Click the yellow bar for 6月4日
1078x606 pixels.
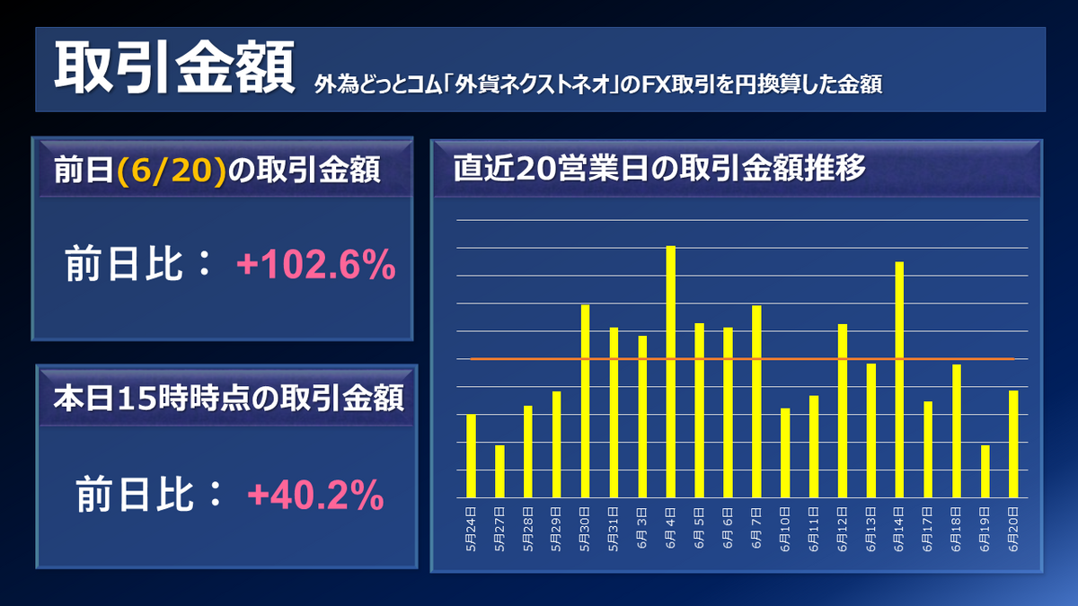point(671,372)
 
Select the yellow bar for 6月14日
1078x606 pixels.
point(899,380)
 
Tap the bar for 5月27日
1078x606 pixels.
point(499,471)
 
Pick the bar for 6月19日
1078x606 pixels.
point(985,471)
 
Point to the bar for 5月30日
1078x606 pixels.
point(585,401)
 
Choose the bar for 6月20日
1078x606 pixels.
point(1013,444)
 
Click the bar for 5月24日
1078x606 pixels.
point(472,456)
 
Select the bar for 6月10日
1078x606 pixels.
point(785,452)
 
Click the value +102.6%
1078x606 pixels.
point(315,266)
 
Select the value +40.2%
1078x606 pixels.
point(315,496)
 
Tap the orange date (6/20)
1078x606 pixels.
point(170,170)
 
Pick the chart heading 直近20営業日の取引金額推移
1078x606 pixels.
point(658,169)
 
